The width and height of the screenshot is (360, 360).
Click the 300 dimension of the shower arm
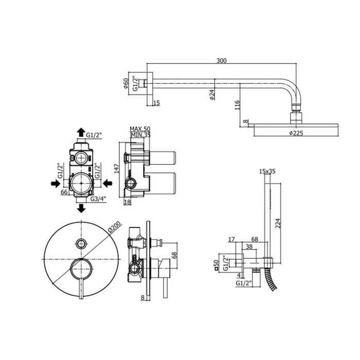tap(221, 61)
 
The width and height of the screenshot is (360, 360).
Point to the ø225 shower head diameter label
tap(297, 133)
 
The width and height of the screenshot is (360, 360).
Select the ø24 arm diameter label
tap(211, 96)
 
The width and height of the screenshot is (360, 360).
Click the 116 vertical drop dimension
tap(237, 106)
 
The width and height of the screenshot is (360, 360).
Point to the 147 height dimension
tap(118, 169)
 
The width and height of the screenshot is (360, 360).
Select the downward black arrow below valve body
tap(81, 208)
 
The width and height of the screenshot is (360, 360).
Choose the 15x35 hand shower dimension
tap(267, 171)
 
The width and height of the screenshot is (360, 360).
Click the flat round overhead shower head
tap(296, 126)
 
